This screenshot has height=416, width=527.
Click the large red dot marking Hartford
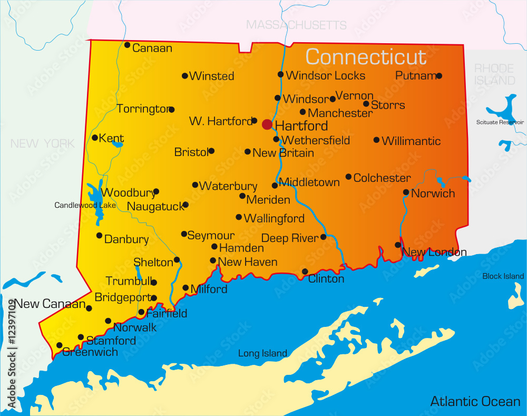267,124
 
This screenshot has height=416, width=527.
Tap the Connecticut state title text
366,57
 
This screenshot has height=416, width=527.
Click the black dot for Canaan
127,45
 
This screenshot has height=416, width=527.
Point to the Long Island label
262,353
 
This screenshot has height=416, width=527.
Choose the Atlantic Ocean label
475,401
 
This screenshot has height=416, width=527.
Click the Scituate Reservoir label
500,122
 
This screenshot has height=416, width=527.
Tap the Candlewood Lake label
85,205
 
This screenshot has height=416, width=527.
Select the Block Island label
503,276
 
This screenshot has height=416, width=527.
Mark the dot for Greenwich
59,345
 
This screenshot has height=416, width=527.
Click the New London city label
434,253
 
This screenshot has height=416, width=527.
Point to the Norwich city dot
406,192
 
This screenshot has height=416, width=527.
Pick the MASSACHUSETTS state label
297,25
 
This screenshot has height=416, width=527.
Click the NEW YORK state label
43,143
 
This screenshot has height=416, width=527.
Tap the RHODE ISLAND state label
494,74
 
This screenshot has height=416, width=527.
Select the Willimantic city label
411,141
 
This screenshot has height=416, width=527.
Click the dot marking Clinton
305,271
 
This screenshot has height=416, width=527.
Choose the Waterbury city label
228,186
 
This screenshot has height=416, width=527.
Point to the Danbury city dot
99,235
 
